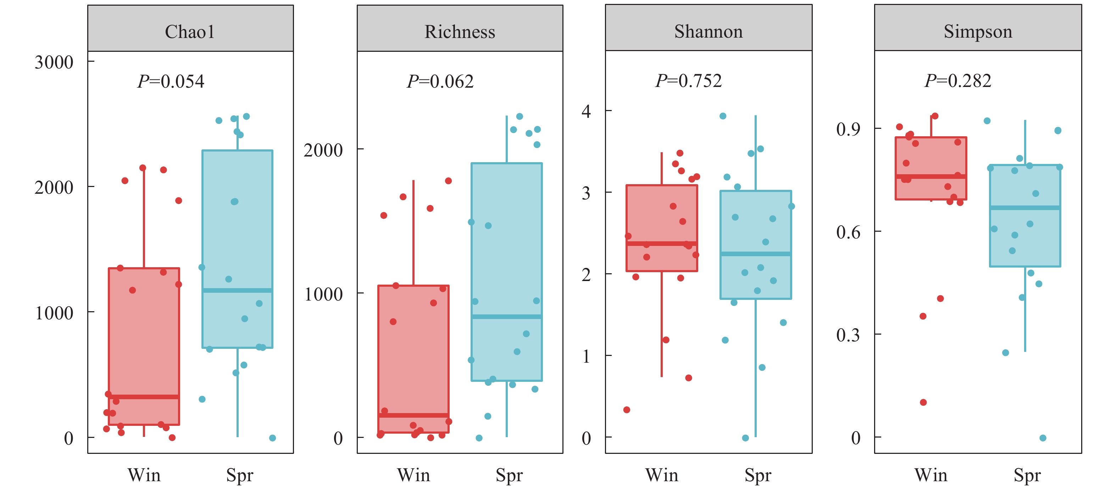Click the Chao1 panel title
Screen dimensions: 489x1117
[190, 32]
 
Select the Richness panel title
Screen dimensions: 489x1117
[460, 32]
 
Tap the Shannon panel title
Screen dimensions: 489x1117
[708, 31]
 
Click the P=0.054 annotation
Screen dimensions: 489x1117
[171, 81]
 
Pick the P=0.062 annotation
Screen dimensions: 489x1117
[440, 81]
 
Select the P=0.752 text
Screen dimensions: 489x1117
[689, 81]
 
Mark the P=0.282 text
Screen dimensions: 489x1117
[958, 81]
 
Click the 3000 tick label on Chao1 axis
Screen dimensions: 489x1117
[54, 62]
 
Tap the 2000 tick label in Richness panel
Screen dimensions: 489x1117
[323, 150]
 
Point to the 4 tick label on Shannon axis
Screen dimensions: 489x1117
[586, 111]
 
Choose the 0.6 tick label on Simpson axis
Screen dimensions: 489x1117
[848, 232]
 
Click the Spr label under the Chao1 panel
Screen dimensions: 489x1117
[239, 476]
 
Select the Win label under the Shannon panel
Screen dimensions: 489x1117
[661, 475]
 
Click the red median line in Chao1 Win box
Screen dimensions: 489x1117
[144, 397]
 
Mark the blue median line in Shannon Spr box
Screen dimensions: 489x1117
[755, 254]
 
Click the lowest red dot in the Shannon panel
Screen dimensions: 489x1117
[627, 410]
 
